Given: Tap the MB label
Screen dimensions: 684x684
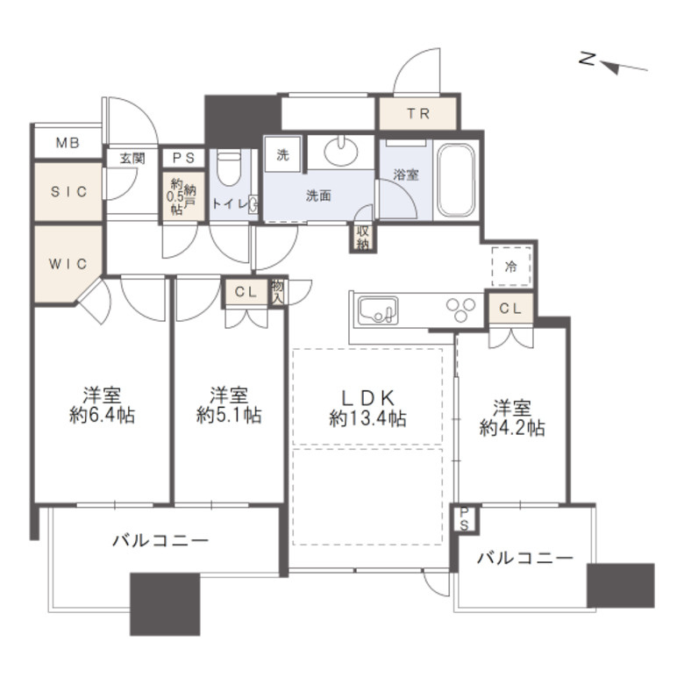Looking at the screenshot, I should [67, 143].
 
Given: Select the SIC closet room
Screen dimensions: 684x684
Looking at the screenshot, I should [68, 192].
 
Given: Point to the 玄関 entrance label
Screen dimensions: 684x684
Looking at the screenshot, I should [132, 159].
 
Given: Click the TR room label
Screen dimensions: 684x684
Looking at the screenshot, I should [417, 114].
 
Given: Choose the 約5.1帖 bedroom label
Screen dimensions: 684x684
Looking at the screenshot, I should [228, 405].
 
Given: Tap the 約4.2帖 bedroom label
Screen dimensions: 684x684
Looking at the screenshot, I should [512, 417].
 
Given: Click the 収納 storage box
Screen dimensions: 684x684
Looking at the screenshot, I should [363, 238].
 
